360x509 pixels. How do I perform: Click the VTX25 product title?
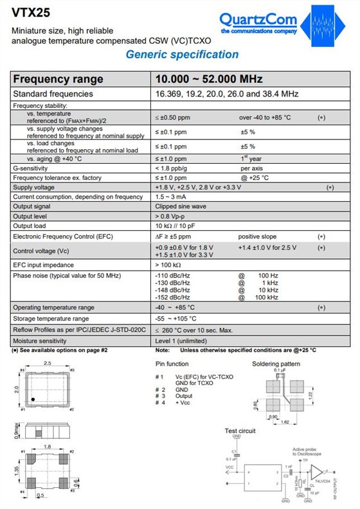tap(28, 12)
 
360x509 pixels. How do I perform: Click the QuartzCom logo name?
tap(258, 19)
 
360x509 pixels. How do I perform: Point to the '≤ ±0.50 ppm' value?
tap(172, 118)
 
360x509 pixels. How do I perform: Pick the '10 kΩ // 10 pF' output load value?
tap(177, 226)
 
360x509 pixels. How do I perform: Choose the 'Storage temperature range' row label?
tap(51, 319)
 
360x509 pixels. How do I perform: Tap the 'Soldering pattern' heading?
tap(276, 364)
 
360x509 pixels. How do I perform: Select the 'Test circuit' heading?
tap(240, 431)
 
